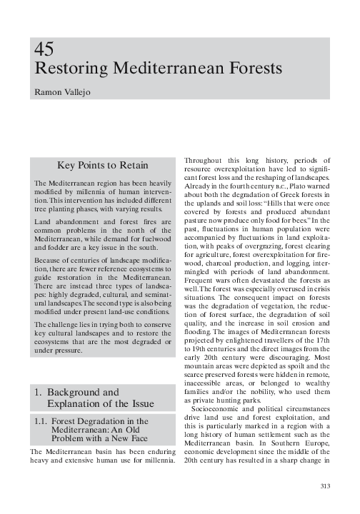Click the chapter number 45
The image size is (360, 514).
coord(44,50)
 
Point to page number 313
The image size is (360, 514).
coord(326,487)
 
